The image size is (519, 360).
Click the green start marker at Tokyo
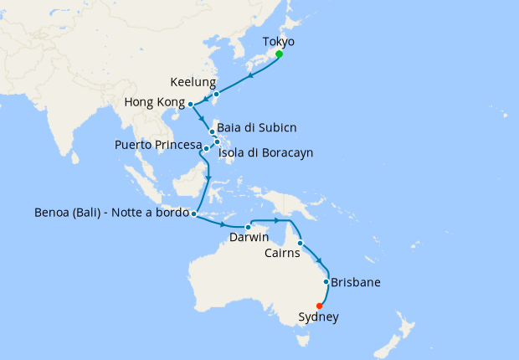click(x=279, y=54)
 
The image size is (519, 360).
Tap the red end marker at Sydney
click(x=319, y=305)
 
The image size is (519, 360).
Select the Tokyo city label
click(x=279, y=41)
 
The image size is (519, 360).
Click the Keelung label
click(x=193, y=83)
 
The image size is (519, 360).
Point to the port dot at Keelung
click(x=216, y=94)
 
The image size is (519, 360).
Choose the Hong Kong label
click(x=154, y=102)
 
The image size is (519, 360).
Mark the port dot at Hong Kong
click(x=191, y=104)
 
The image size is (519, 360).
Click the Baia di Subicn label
click(x=256, y=127)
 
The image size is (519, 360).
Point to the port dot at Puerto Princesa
click(x=205, y=148)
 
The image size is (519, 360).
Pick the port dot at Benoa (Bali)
click(x=194, y=213)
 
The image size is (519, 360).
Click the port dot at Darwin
click(x=249, y=227)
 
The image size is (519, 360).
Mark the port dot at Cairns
click(x=300, y=243)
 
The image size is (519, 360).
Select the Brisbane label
click(x=356, y=282)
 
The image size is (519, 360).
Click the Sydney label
click(x=319, y=317)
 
